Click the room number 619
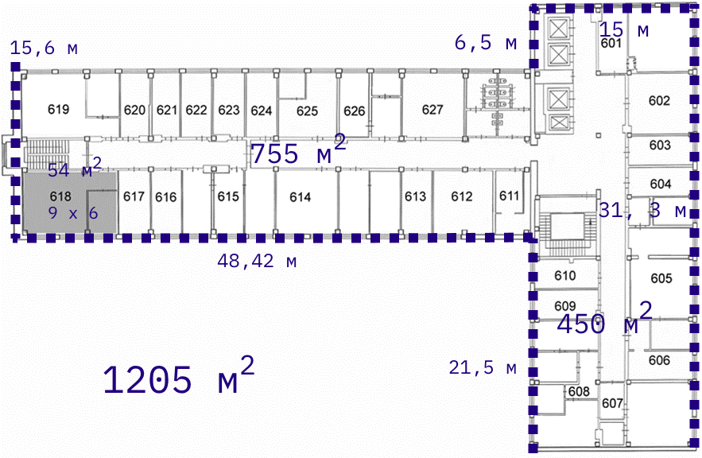(59, 109)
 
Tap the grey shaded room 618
(69, 201)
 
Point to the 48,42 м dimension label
(257, 261)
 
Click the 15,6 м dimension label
(44, 48)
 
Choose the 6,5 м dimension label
(486, 42)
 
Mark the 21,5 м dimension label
(483, 367)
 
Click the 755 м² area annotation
(299, 150)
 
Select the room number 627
(432, 110)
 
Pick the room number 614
(300, 197)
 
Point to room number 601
(611, 43)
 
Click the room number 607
(612, 403)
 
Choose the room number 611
(509, 196)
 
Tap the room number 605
(661, 278)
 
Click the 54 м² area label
(76, 168)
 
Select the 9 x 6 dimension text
(73, 213)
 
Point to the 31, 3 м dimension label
(642, 210)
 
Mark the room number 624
(262, 111)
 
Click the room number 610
(565, 275)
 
